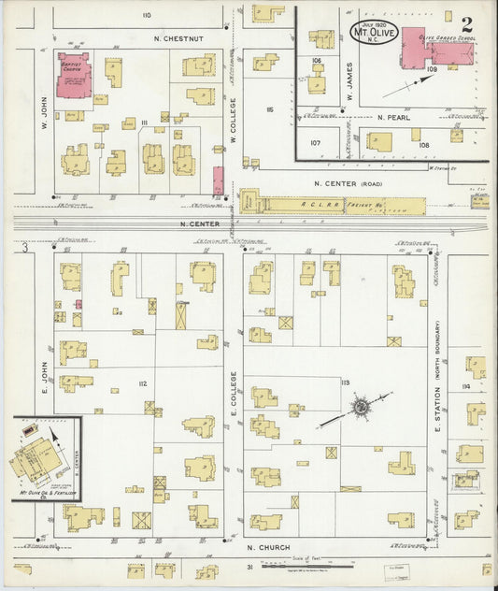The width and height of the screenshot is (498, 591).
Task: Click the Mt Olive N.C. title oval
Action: pos(375,33)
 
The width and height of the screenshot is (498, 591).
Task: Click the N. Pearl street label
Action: pos(394,118)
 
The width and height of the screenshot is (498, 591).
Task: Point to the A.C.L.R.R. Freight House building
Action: pos(332,203)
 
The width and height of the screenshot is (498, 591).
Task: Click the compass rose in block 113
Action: pos(359,407)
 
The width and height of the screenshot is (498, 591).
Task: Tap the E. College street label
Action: pos(234,393)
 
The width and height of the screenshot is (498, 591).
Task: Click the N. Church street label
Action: pos(263,547)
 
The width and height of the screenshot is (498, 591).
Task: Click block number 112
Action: pos(142,384)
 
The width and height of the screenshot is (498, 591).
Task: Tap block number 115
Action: pos(268,110)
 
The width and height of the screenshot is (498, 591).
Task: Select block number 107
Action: pos(316,143)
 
